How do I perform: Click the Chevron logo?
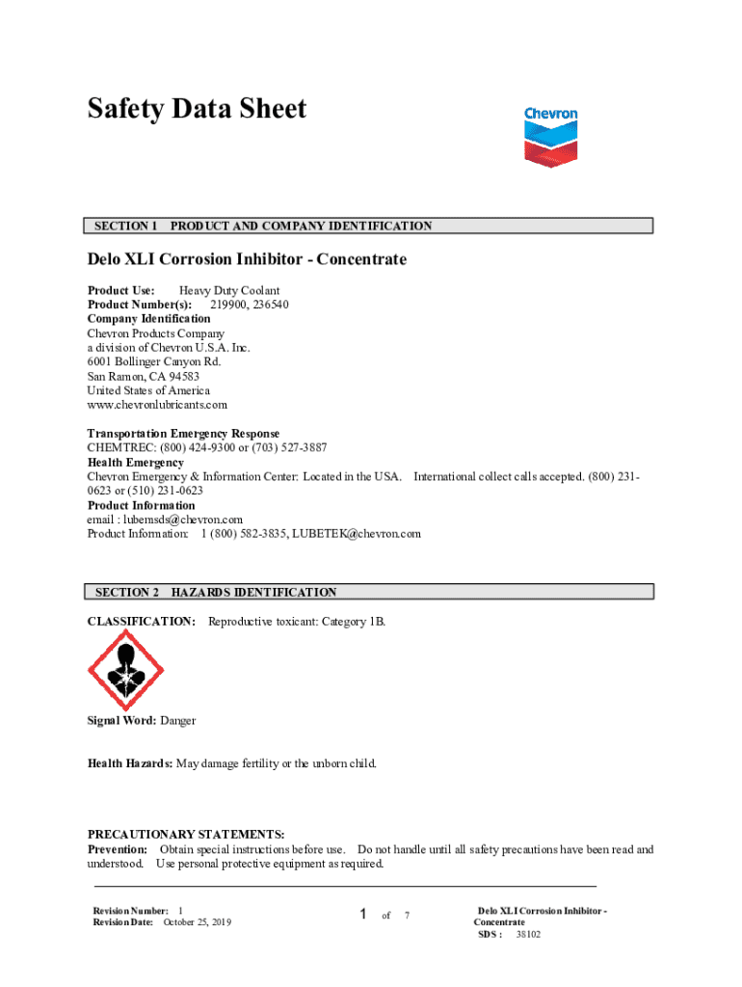click(550, 137)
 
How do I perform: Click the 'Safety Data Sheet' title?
click(197, 109)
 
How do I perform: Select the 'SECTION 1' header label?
click(125, 227)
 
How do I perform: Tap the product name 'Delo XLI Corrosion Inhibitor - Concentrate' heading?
click(247, 259)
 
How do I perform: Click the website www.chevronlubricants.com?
click(157, 405)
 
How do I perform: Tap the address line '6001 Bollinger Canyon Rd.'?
click(154, 361)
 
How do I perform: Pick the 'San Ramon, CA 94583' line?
click(144, 376)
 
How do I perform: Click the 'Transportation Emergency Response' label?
click(183, 434)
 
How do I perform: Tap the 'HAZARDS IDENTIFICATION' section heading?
click(253, 593)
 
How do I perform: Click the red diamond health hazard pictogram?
click(125, 670)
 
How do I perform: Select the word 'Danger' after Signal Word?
click(178, 721)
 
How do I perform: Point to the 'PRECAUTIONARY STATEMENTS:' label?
click(186, 835)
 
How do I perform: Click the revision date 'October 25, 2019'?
click(198, 922)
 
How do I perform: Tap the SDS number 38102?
click(528, 934)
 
